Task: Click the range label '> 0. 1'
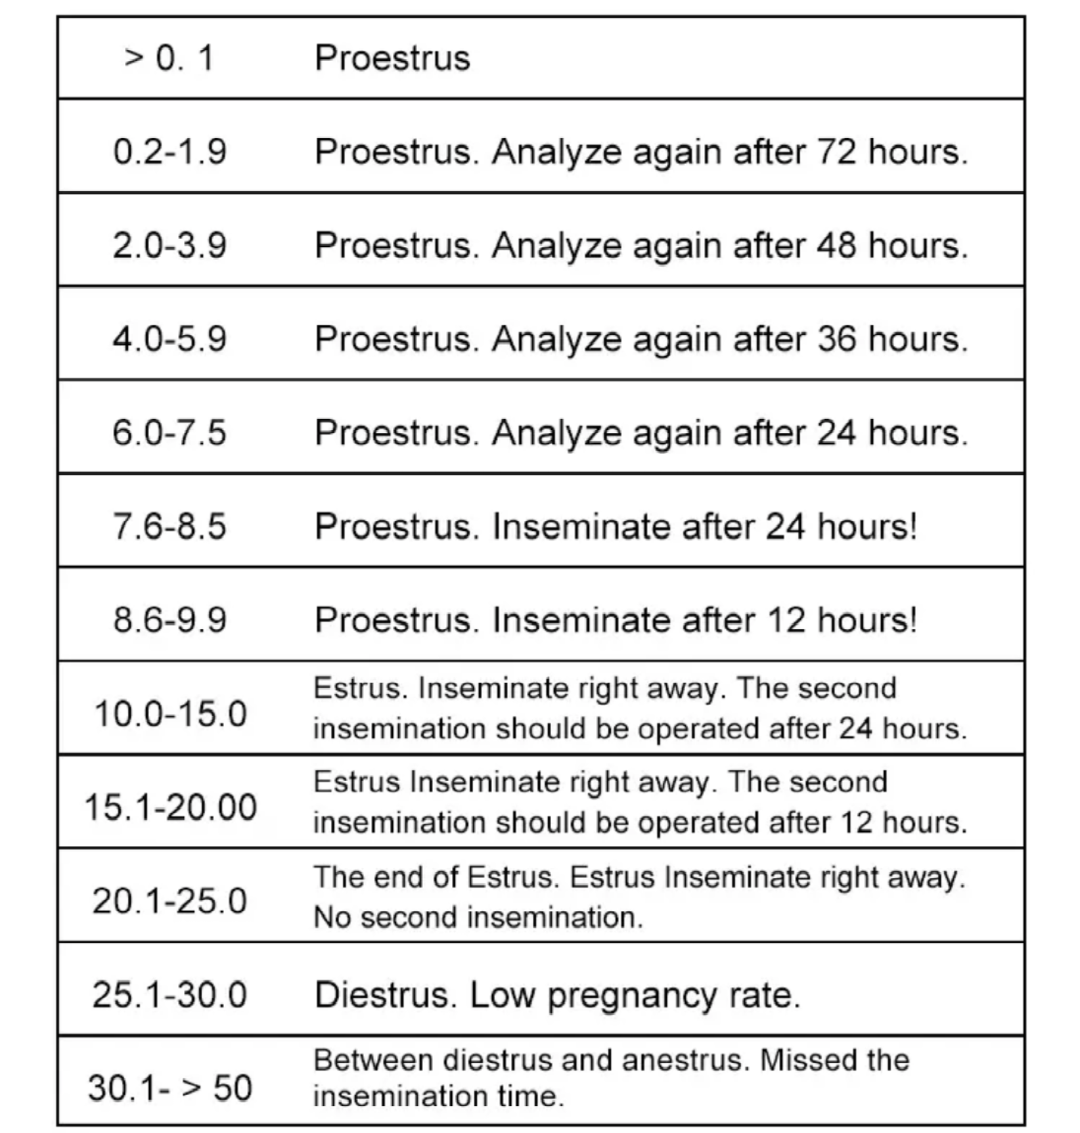169,58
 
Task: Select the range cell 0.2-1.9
170,152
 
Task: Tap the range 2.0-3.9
170,246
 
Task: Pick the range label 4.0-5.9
170,340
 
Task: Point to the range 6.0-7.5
170,433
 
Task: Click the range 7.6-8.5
170,527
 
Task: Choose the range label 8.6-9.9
170,620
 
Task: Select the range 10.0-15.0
170,713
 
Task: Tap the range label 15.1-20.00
170,807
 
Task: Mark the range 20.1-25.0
170,900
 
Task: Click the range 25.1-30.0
170,994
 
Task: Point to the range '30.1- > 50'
170,1088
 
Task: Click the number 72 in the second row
836,152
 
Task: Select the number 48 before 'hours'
836,246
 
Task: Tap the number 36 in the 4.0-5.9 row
836,340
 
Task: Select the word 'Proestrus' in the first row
392,58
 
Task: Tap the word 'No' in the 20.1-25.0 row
332,918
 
